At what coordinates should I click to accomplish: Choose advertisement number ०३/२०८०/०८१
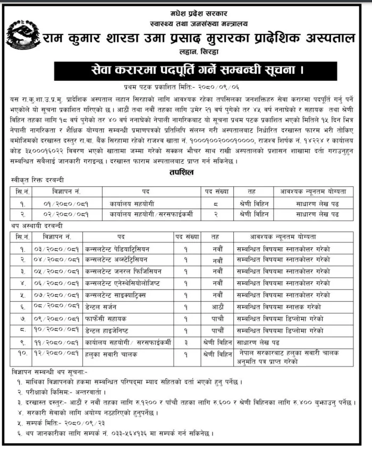tap(56, 249)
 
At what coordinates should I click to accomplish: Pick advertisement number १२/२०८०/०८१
tap(56, 354)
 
